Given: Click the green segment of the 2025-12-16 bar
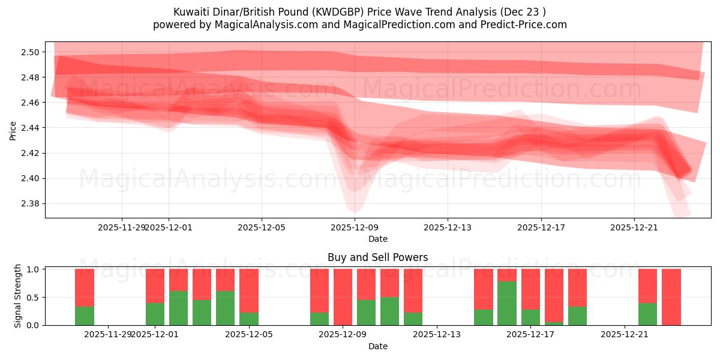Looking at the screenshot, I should coord(507,303).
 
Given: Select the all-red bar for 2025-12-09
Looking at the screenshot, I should coord(343,297).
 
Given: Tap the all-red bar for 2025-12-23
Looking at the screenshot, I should coord(671,297).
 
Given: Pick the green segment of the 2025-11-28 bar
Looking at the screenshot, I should coord(85,316).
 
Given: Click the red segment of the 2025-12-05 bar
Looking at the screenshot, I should coord(249,290).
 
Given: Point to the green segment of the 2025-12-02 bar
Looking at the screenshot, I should coord(178,308).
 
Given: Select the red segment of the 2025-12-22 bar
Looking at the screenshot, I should coord(647,286).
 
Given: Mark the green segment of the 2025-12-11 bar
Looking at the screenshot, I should coord(389,311).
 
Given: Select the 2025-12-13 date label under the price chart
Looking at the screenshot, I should coord(448,227).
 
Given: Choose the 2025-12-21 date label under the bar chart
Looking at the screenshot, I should coord(625,335).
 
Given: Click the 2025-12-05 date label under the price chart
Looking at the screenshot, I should coord(262,227).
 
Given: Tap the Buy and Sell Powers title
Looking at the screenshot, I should coord(377,257).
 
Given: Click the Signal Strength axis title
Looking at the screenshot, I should coord(18,296).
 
